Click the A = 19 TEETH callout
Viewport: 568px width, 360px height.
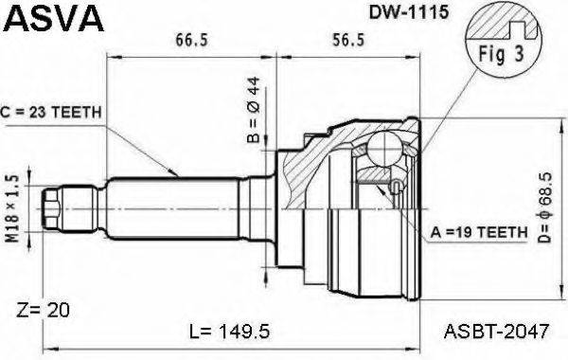coord(478,230)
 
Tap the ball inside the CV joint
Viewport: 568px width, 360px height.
coord(384,149)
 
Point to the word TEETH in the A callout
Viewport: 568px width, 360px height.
coord(500,230)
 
